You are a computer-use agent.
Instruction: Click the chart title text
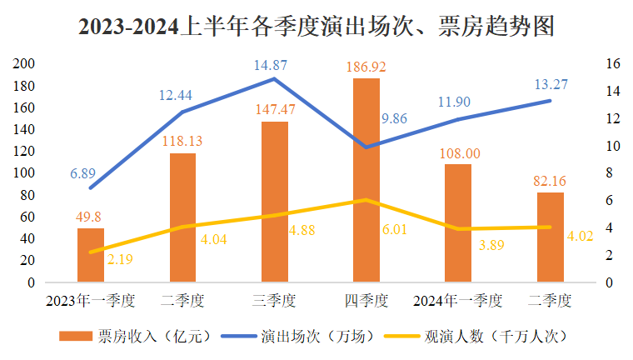(316, 27)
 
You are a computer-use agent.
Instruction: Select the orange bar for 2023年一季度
(91, 255)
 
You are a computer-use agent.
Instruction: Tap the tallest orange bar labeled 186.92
(366, 180)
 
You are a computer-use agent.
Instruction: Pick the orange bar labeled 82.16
(550, 237)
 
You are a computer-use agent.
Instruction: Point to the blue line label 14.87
(275, 64)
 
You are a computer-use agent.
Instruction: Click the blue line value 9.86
(394, 119)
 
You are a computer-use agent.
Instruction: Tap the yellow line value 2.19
(119, 259)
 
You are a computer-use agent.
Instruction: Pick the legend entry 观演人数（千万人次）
(480, 337)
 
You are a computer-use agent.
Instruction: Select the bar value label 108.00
(457, 153)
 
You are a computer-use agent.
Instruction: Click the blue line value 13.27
(550, 83)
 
